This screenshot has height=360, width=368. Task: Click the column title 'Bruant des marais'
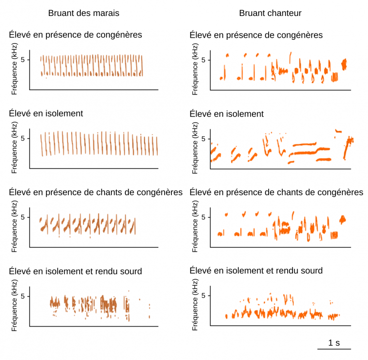click(x=84, y=13)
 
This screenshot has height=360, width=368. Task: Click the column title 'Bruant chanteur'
click(x=270, y=13)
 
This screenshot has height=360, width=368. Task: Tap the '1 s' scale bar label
click(x=334, y=343)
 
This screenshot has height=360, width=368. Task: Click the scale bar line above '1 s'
click(x=334, y=349)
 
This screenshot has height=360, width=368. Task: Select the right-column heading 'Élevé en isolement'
click(x=227, y=114)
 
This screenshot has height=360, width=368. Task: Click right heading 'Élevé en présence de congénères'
click(x=256, y=35)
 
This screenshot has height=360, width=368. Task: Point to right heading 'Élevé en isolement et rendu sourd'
click(x=256, y=270)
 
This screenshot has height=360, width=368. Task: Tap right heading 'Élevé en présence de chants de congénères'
click(x=276, y=192)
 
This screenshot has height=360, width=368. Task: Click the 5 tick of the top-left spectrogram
click(x=23, y=60)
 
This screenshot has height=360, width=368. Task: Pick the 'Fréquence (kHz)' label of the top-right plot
click(x=195, y=70)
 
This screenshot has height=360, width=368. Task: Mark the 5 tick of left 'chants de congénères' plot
click(x=23, y=217)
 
